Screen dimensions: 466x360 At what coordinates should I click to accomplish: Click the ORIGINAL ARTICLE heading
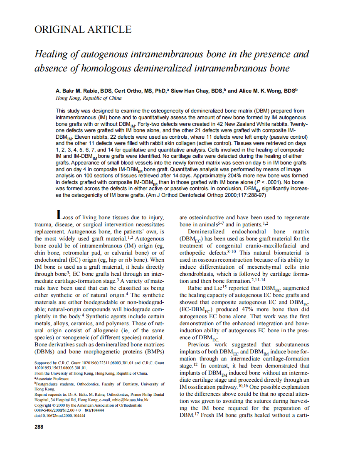coord(83,29)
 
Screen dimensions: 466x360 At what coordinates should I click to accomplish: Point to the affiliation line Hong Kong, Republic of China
coord(89,98)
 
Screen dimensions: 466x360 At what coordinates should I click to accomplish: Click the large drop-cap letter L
coord(61,215)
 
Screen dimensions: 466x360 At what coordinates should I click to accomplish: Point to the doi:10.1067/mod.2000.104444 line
coord(59,415)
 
